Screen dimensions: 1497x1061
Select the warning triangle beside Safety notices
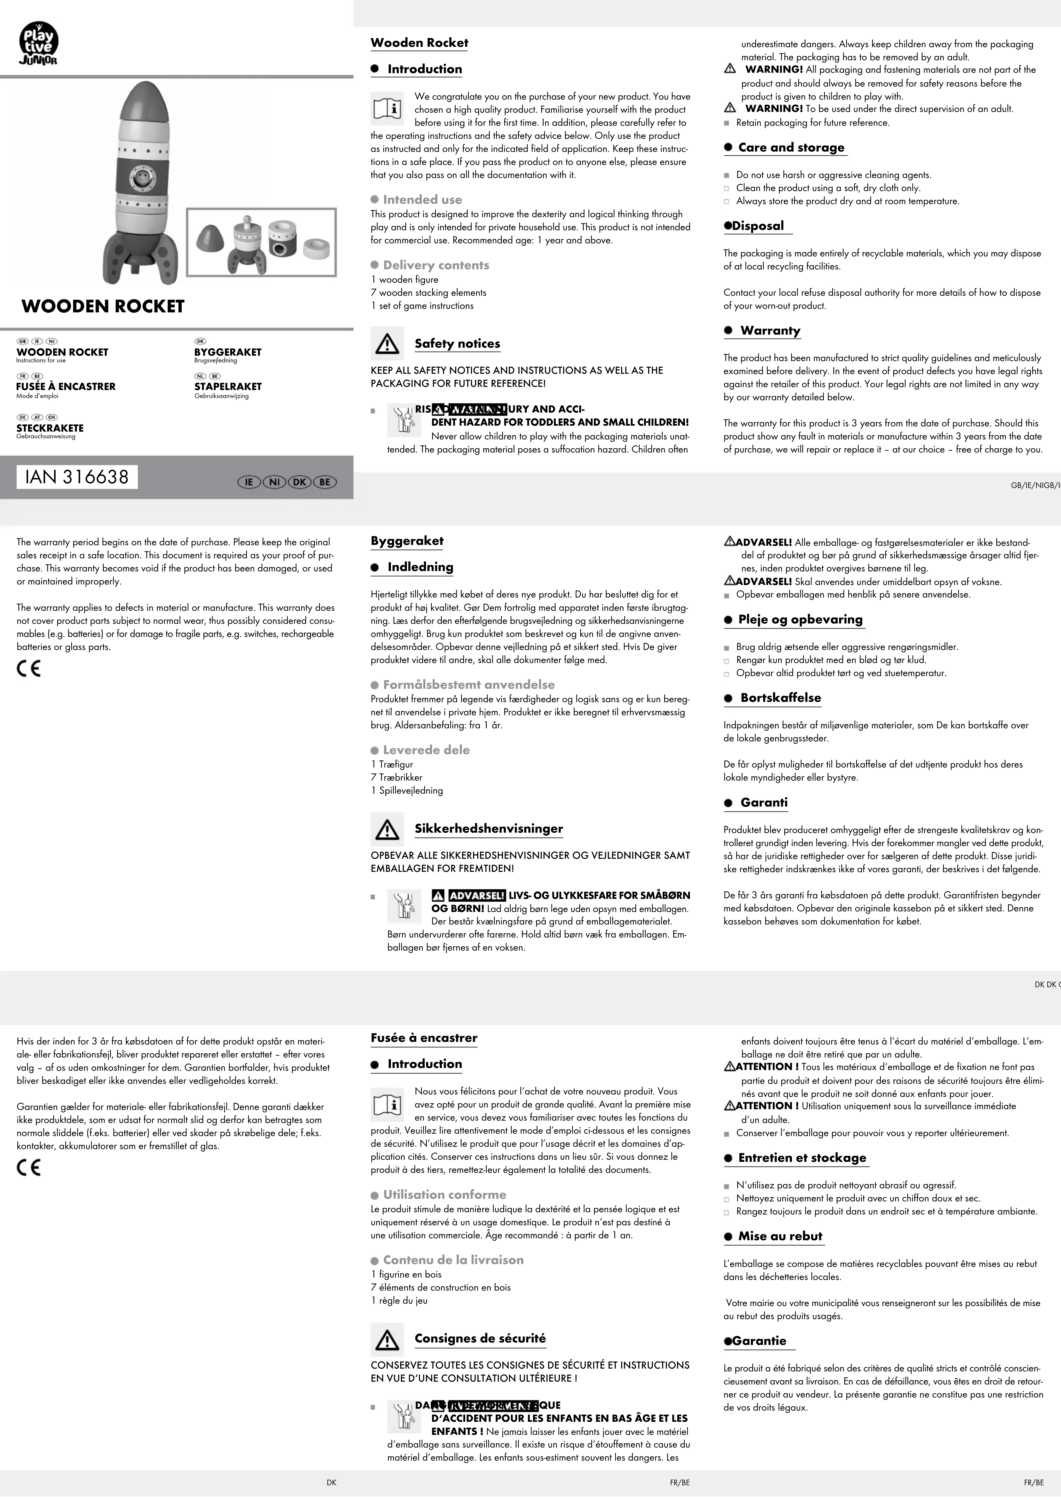387,344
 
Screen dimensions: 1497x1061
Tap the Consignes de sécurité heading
480,1338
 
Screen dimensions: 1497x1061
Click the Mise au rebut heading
780,1236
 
